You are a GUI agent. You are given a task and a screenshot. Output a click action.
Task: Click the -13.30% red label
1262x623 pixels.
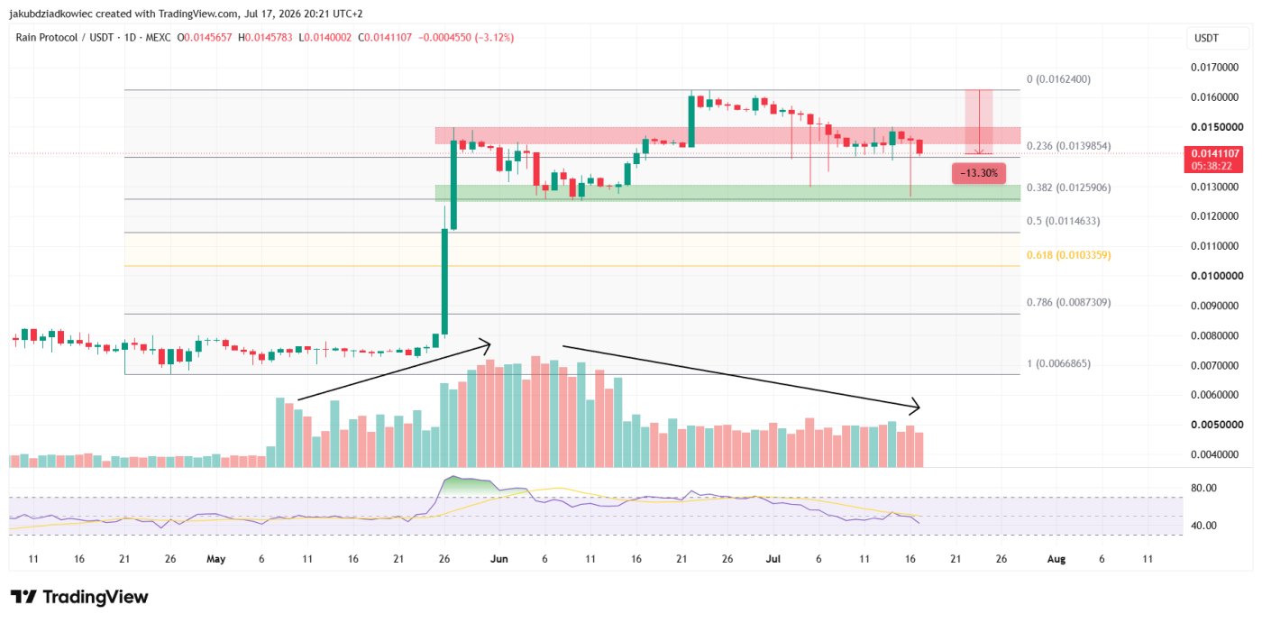(x=979, y=173)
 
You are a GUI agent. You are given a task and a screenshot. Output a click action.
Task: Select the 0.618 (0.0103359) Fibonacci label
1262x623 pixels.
(x=1068, y=255)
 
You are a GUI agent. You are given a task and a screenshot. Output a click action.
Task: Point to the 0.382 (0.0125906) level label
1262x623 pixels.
(x=1068, y=188)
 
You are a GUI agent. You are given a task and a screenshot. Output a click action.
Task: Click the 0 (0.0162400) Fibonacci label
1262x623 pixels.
(x=1058, y=79)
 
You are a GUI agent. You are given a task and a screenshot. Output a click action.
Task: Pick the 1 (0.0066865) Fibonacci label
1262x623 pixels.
(x=1058, y=364)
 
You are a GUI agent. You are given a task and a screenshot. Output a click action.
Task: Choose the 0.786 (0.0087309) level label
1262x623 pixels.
(x=1068, y=303)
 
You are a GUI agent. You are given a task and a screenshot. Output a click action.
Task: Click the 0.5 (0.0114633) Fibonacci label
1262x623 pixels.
(x=1063, y=222)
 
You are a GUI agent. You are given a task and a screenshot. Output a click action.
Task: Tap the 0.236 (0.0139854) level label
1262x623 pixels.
(x=1068, y=146)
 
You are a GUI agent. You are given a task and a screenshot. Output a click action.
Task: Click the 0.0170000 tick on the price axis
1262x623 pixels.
(x=1214, y=68)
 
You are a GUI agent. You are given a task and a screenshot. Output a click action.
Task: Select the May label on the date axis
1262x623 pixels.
(x=215, y=559)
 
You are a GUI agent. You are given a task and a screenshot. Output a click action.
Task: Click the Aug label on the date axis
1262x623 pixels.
(x=1056, y=559)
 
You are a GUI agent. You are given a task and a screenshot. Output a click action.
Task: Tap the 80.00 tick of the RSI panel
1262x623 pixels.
(x=1203, y=488)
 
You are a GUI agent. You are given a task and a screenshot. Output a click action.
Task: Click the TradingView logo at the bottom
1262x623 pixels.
(x=79, y=597)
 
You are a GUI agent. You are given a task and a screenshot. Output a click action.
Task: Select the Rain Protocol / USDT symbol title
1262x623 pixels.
(x=64, y=38)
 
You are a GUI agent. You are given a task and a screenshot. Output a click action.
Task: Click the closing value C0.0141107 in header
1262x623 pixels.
(x=385, y=38)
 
